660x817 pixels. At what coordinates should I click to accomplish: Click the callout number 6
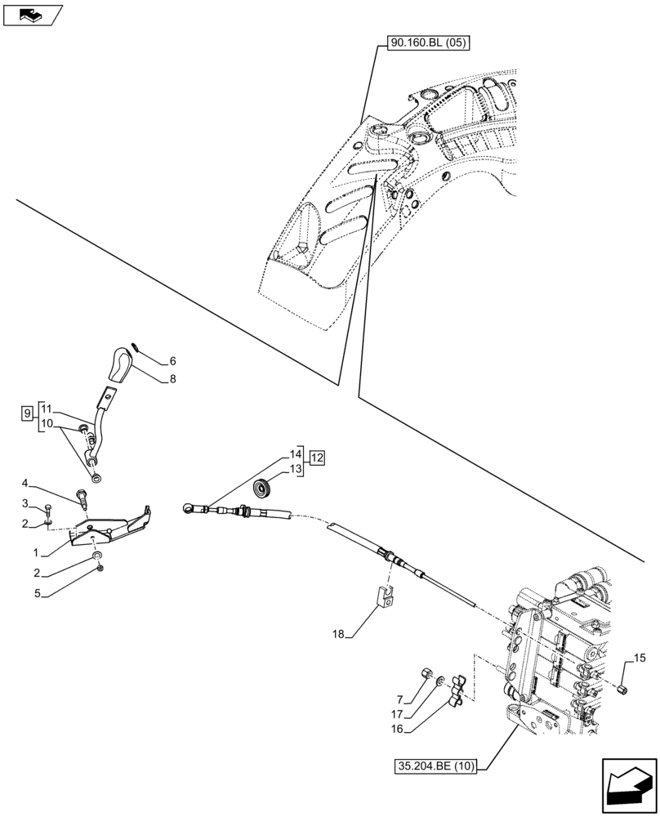point(172,360)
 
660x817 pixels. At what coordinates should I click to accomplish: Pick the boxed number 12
point(316,458)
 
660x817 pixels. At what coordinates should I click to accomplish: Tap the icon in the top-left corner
point(32,14)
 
